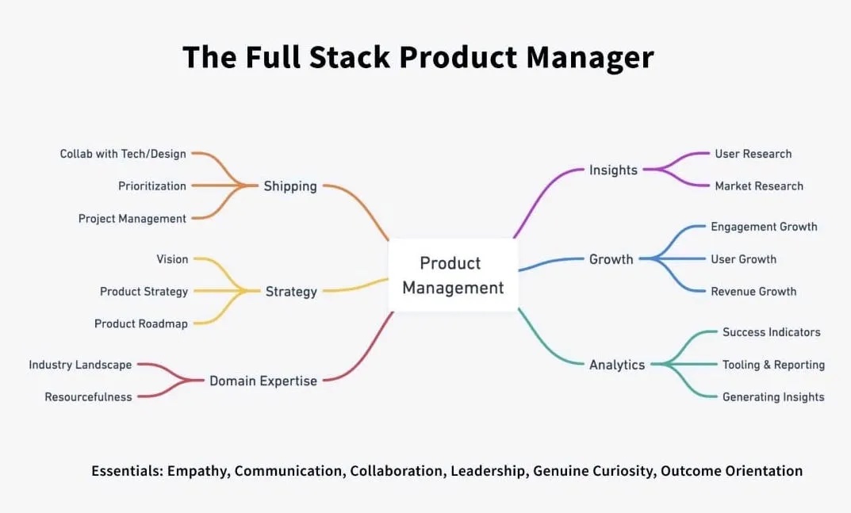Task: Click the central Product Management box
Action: tap(453, 275)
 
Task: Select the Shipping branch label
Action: tap(290, 186)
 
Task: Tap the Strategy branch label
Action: tap(291, 292)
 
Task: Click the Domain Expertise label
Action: tap(263, 381)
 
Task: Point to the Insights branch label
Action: tap(613, 170)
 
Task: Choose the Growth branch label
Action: tap(611, 259)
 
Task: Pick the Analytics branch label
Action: tap(616, 365)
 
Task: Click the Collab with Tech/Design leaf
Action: tap(124, 154)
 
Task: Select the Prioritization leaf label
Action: tap(152, 186)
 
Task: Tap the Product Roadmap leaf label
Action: tap(141, 323)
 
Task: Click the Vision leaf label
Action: tap(172, 259)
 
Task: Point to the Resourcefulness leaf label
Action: tap(88, 396)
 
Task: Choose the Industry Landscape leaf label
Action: tap(80, 365)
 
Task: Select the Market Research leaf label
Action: tap(759, 186)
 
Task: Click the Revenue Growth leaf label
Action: tap(753, 291)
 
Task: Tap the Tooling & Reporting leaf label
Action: tap(773, 365)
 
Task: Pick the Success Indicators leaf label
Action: tap(771, 332)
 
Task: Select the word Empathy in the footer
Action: tap(198, 471)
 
